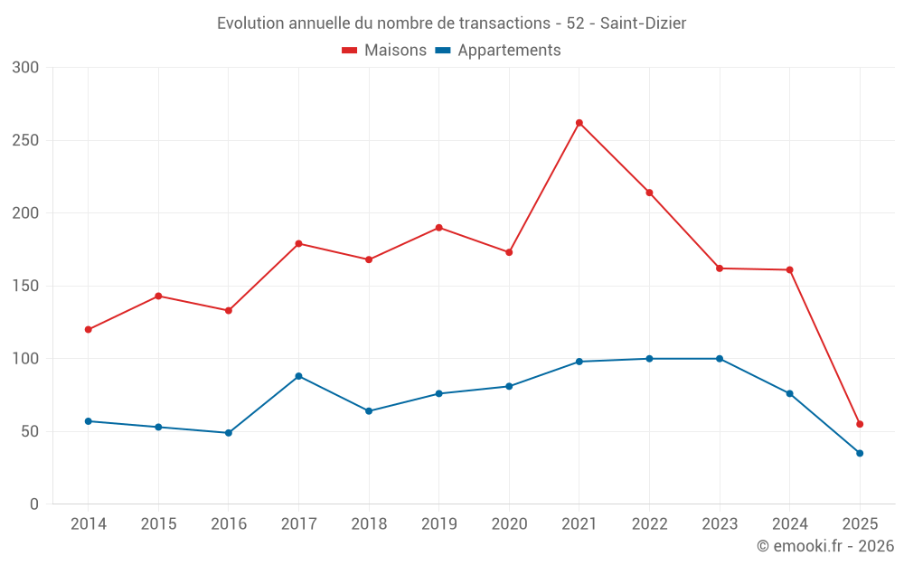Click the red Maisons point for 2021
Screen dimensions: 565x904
click(x=579, y=123)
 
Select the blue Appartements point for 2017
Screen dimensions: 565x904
click(x=298, y=376)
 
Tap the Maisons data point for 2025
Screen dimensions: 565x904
click(x=860, y=424)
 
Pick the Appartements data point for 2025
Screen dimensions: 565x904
click(x=860, y=453)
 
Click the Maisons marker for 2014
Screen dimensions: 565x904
click(x=88, y=329)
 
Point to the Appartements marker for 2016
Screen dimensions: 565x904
click(x=229, y=433)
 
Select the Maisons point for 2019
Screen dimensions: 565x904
click(x=438, y=228)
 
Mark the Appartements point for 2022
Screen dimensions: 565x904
click(x=649, y=359)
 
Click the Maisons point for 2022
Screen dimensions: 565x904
click(x=649, y=193)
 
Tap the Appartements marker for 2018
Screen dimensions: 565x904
click(x=369, y=411)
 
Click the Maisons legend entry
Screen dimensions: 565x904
click(x=384, y=51)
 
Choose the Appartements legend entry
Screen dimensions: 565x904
click(x=498, y=51)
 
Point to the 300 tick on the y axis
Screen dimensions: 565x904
click(x=26, y=68)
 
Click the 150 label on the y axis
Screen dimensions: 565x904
click(x=26, y=286)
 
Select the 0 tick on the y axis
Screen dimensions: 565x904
click(x=34, y=504)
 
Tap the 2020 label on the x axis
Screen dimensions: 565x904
click(x=509, y=524)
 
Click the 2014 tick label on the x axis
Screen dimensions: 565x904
click(x=88, y=524)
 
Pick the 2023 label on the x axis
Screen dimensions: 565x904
click(x=720, y=524)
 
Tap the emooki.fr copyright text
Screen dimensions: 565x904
click(x=825, y=546)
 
